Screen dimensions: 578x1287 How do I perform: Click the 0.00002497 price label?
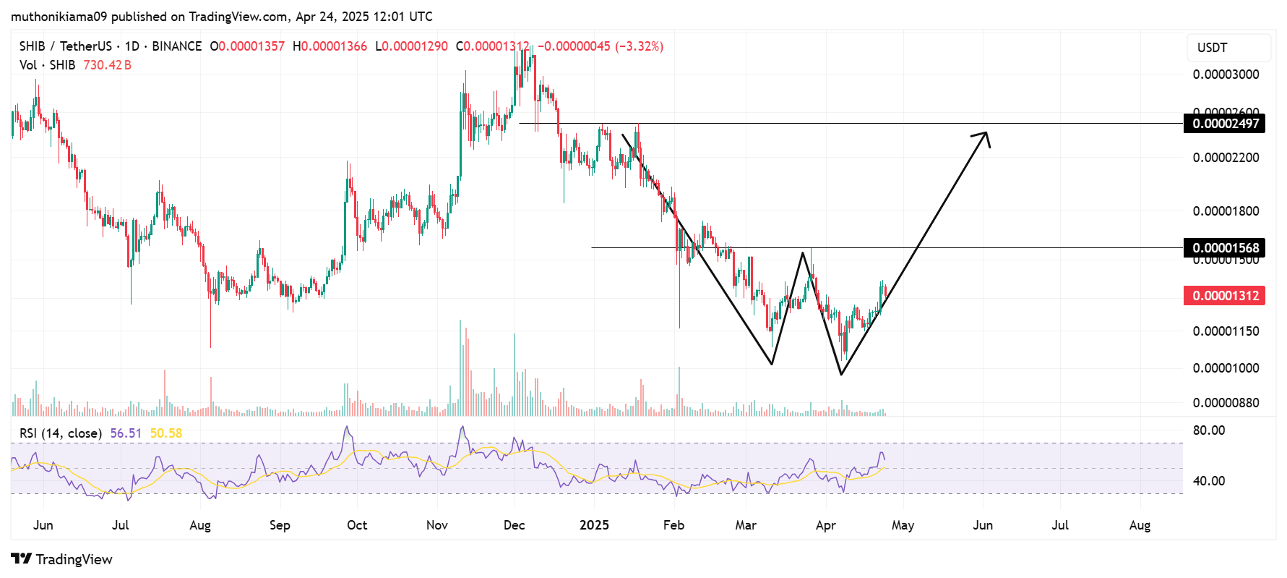1225,124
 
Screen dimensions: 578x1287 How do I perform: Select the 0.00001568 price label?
1225,248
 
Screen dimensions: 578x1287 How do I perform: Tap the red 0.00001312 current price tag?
1225,296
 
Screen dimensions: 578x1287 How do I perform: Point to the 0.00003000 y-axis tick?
1226,75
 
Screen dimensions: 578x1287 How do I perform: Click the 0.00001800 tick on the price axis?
1226,211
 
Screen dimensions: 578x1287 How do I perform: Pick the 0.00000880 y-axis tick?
1226,403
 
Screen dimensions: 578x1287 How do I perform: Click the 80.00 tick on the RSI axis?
1209,430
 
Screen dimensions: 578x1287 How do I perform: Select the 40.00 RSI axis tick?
1209,481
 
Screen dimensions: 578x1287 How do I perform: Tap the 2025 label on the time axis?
594,525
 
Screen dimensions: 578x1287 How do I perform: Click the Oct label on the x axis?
357,525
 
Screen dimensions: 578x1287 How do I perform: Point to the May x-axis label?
903,525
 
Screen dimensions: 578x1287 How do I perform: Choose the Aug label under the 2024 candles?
200,525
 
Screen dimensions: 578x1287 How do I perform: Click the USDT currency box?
1228,48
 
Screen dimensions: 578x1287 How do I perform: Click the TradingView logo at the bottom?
62,559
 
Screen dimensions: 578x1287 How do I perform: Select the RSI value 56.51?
126,433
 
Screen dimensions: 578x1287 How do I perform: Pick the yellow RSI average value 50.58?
166,433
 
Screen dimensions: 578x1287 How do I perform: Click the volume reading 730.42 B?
107,65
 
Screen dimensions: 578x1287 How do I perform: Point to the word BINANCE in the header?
176,46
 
